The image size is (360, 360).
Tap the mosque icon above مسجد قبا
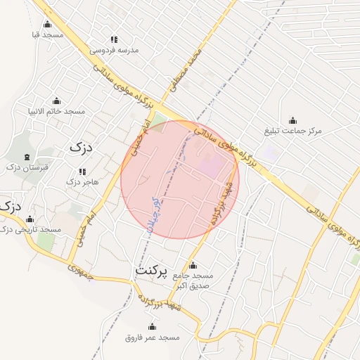pos(47,24)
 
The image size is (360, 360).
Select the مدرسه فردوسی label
pos(115,50)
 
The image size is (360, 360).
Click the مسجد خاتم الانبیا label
pos(56,111)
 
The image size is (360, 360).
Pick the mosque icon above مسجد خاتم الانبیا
pos(56,101)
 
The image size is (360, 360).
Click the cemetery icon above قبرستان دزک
pos(27,157)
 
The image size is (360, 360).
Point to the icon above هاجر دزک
pos(82,172)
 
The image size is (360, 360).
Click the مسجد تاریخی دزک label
pos(31,230)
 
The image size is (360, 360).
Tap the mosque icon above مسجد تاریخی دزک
pos(29,219)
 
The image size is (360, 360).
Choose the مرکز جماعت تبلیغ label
pos(292,131)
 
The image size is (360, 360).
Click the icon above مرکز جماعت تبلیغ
pos(292,120)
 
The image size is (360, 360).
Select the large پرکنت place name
pos(151,270)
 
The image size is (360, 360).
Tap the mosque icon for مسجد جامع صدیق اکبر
pos(193,265)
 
